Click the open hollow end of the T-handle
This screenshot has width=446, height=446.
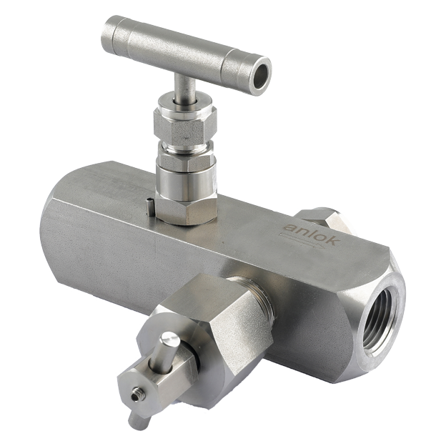tap(261, 76)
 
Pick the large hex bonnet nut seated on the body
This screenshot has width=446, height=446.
tap(186, 210)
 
